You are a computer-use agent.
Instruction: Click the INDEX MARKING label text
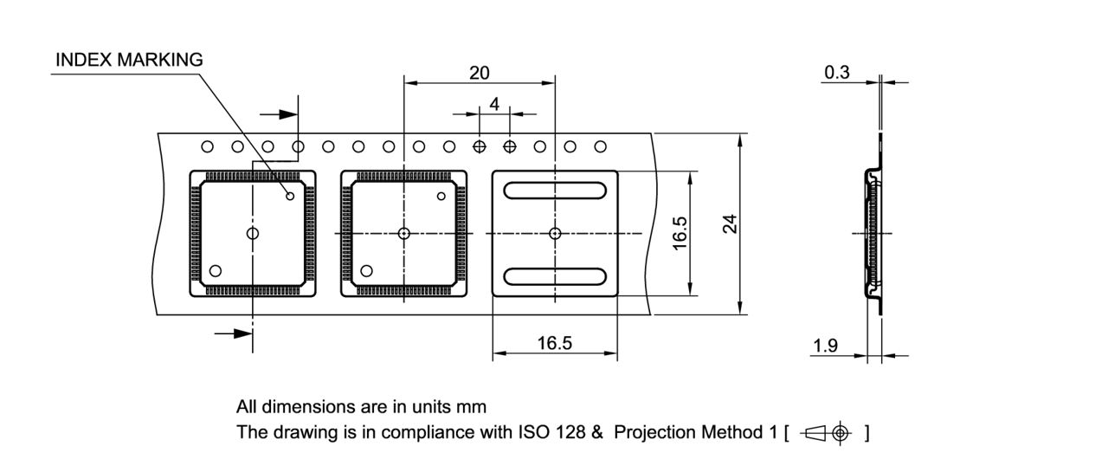[129, 60]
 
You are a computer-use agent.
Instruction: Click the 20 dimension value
[480, 73]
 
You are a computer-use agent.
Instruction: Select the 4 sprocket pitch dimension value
[494, 104]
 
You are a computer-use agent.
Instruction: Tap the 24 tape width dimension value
[731, 224]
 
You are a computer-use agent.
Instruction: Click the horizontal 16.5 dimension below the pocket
[554, 343]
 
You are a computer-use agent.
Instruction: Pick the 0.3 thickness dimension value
[837, 73]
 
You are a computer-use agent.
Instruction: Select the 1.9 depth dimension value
[826, 346]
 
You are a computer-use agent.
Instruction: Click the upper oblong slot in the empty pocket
[555, 190]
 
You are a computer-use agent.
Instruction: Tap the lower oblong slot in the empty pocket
[555, 275]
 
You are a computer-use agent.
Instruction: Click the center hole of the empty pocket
[555, 233]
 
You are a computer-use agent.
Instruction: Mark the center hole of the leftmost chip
[253, 233]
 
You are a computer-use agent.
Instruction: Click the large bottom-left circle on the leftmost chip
[216, 270]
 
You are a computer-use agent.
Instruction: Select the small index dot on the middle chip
[441, 197]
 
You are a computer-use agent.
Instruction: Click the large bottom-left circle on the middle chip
[367, 270]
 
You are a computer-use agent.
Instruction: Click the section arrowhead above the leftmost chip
[286, 113]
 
